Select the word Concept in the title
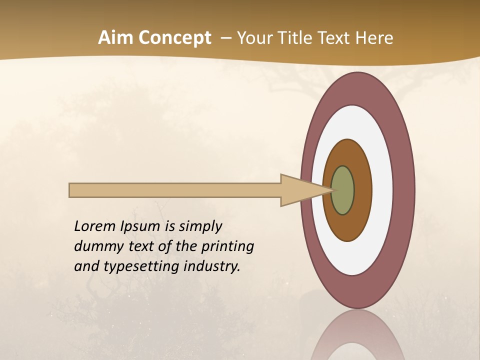pos(174,38)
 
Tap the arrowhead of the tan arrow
pos(300,190)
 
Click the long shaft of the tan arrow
pos(175,190)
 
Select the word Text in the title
pos(335,38)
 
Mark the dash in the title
pos(225,38)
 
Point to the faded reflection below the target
pos(358,337)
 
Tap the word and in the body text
pos(86,266)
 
